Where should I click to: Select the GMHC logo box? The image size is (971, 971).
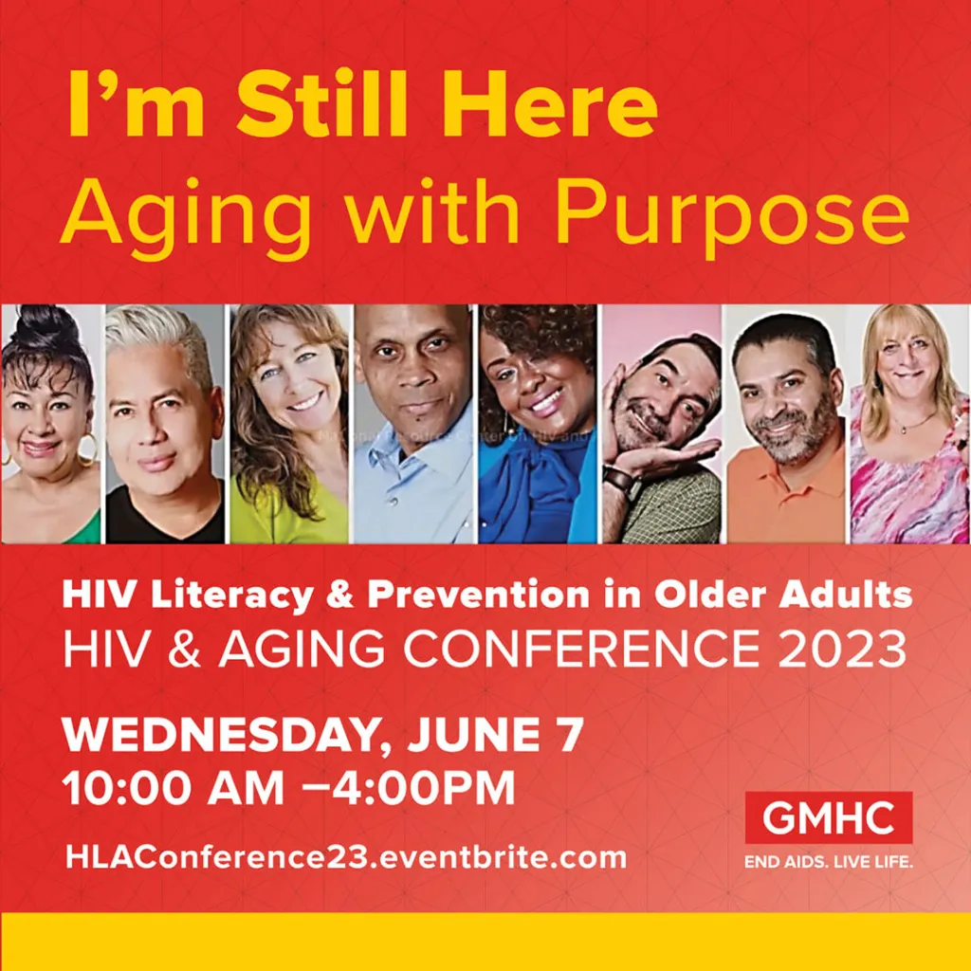[x=828, y=817]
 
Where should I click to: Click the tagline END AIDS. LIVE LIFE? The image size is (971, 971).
[x=828, y=864]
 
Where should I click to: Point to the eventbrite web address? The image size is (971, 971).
[x=346, y=857]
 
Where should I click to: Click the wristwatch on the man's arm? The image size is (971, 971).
[x=618, y=477]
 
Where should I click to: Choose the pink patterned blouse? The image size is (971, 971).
[x=906, y=493]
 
